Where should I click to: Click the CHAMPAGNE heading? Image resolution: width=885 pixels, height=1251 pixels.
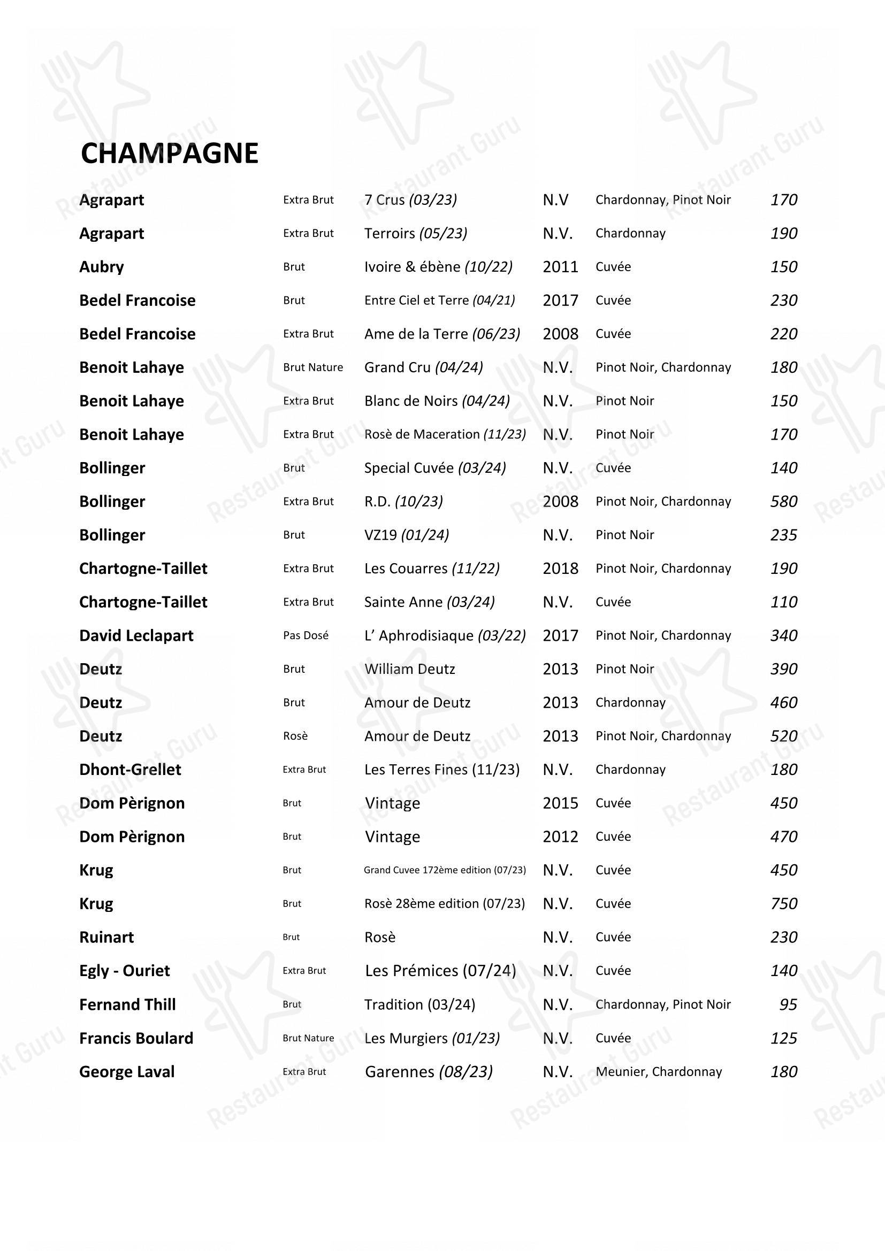[170, 154]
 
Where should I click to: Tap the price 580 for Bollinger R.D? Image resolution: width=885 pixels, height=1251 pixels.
[784, 501]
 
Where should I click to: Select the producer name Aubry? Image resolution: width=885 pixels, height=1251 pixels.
[101, 267]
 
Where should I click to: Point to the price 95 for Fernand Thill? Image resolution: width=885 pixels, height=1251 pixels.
[788, 1004]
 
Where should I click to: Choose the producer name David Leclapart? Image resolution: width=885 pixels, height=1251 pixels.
[136, 636]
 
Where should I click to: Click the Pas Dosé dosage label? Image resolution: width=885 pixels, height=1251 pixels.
[306, 635]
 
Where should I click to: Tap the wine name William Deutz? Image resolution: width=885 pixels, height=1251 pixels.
[409, 669]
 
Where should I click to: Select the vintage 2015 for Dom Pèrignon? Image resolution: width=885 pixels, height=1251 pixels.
[560, 803]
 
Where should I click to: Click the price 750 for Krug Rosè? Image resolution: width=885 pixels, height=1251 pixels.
[784, 903]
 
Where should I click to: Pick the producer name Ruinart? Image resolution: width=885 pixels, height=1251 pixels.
[106, 937]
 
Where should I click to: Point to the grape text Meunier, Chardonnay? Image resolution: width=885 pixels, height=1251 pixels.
[658, 1072]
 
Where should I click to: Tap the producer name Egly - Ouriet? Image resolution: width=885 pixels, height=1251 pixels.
[124, 971]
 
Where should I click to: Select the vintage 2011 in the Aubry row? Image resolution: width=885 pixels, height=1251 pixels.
[560, 267]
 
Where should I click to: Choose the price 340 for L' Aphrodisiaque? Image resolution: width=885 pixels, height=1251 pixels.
[784, 635]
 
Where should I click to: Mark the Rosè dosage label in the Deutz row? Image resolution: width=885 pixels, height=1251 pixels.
[295, 736]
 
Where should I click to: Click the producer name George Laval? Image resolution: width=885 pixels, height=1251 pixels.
[127, 1072]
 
